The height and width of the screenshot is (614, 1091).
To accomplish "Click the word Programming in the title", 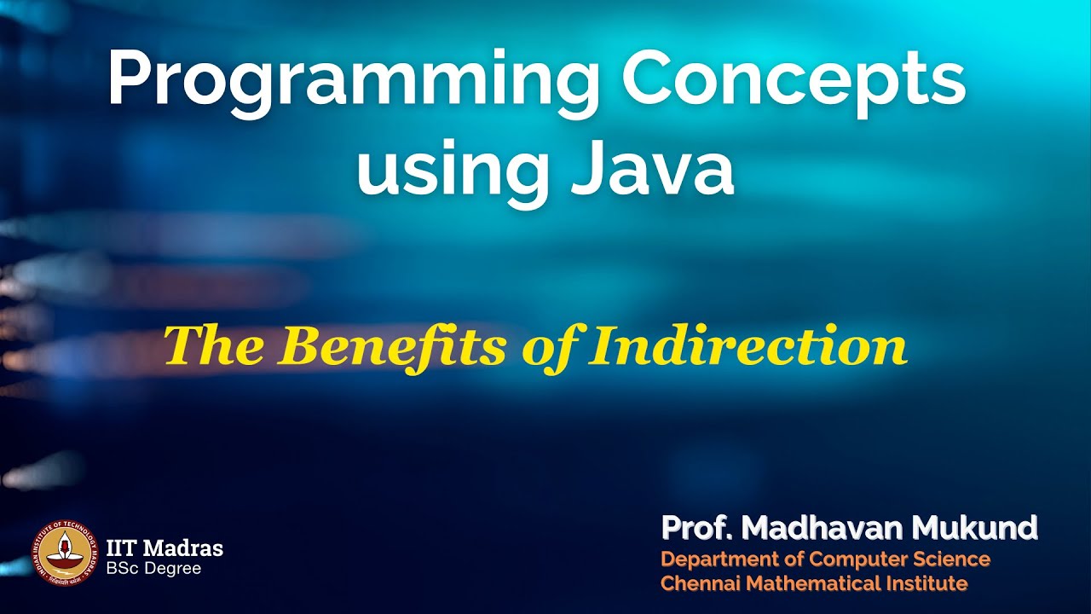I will [353, 81].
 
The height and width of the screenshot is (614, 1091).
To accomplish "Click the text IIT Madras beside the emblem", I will [165, 547].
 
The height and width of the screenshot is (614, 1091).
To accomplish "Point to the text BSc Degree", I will [153, 568].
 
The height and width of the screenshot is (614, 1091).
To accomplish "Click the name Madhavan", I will [823, 529].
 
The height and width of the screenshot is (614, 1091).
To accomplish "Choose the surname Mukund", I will [975, 529].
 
